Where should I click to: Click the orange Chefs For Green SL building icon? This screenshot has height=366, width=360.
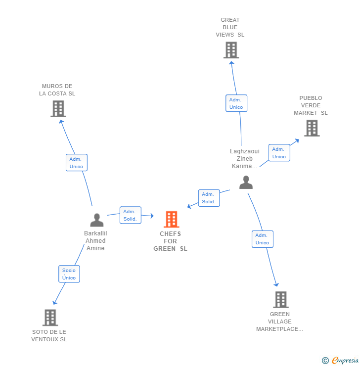point(171,219)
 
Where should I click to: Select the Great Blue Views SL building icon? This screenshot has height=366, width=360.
point(231,50)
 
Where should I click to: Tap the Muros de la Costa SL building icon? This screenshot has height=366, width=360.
point(58,109)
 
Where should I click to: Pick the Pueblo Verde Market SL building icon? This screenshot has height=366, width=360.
point(312,128)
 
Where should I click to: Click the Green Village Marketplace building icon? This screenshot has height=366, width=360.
point(280,300)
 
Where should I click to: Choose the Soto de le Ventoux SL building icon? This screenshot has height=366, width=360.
point(50,318)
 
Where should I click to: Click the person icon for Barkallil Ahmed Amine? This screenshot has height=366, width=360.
point(97,220)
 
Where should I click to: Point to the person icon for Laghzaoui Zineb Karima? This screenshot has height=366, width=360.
point(246,183)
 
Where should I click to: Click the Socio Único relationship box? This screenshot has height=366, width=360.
point(69,274)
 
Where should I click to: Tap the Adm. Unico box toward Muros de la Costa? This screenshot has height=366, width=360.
point(77,163)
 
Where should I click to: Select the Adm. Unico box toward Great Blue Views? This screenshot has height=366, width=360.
point(236,103)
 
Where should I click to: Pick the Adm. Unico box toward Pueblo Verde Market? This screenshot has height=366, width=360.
point(279,153)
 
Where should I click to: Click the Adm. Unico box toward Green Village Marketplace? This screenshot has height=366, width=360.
point(262,239)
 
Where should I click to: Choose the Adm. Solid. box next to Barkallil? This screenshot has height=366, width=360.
point(130,215)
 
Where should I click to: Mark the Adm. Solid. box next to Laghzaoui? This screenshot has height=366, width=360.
point(208,198)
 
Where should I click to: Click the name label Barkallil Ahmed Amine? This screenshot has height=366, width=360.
point(95,241)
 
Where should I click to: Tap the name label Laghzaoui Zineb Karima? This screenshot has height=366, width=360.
point(244,159)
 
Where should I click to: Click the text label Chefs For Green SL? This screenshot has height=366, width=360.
point(170,241)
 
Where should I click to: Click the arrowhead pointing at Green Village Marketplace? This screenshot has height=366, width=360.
point(276,284)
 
